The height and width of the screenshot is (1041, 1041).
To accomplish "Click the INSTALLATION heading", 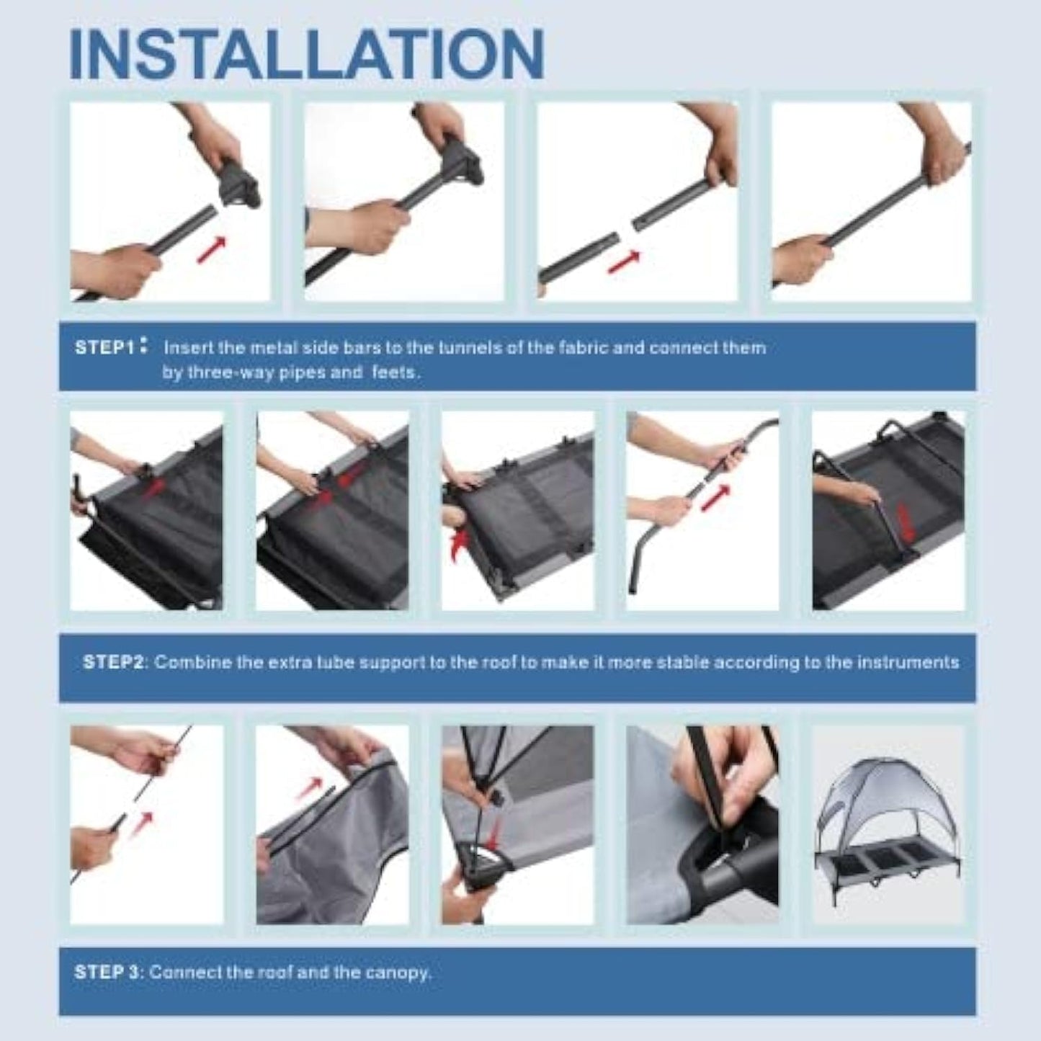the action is (x=307, y=54).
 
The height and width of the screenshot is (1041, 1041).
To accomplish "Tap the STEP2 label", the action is (x=113, y=662).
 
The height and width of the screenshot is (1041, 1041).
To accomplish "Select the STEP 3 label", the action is (x=107, y=972).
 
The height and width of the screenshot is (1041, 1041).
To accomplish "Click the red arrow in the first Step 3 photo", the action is (x=139, y=824).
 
